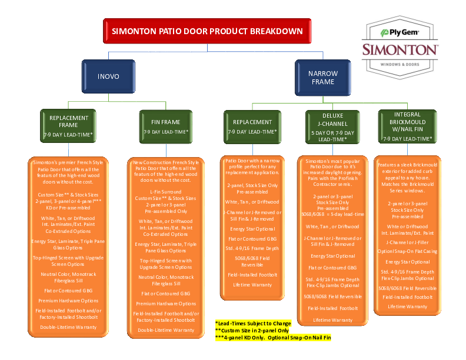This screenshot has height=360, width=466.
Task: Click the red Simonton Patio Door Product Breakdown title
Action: (x=207, y=31)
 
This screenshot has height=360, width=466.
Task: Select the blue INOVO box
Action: (x=108, y=76)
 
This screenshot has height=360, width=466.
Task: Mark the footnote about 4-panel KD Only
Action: (x=273, y=338)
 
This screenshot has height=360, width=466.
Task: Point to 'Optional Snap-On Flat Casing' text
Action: (x=407, y=251)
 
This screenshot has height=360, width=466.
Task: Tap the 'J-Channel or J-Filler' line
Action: (x=407, y=242)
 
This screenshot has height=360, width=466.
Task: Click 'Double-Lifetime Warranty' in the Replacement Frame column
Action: (x=68, y=326)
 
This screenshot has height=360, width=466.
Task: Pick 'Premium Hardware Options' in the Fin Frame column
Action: (x=166, y=304)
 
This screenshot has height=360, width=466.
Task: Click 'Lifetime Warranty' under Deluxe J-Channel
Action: (x=332, y=320)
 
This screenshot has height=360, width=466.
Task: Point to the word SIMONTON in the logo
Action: (x=400, y=49)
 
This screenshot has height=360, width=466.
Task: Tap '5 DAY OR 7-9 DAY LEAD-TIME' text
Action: (x=332, y=136)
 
